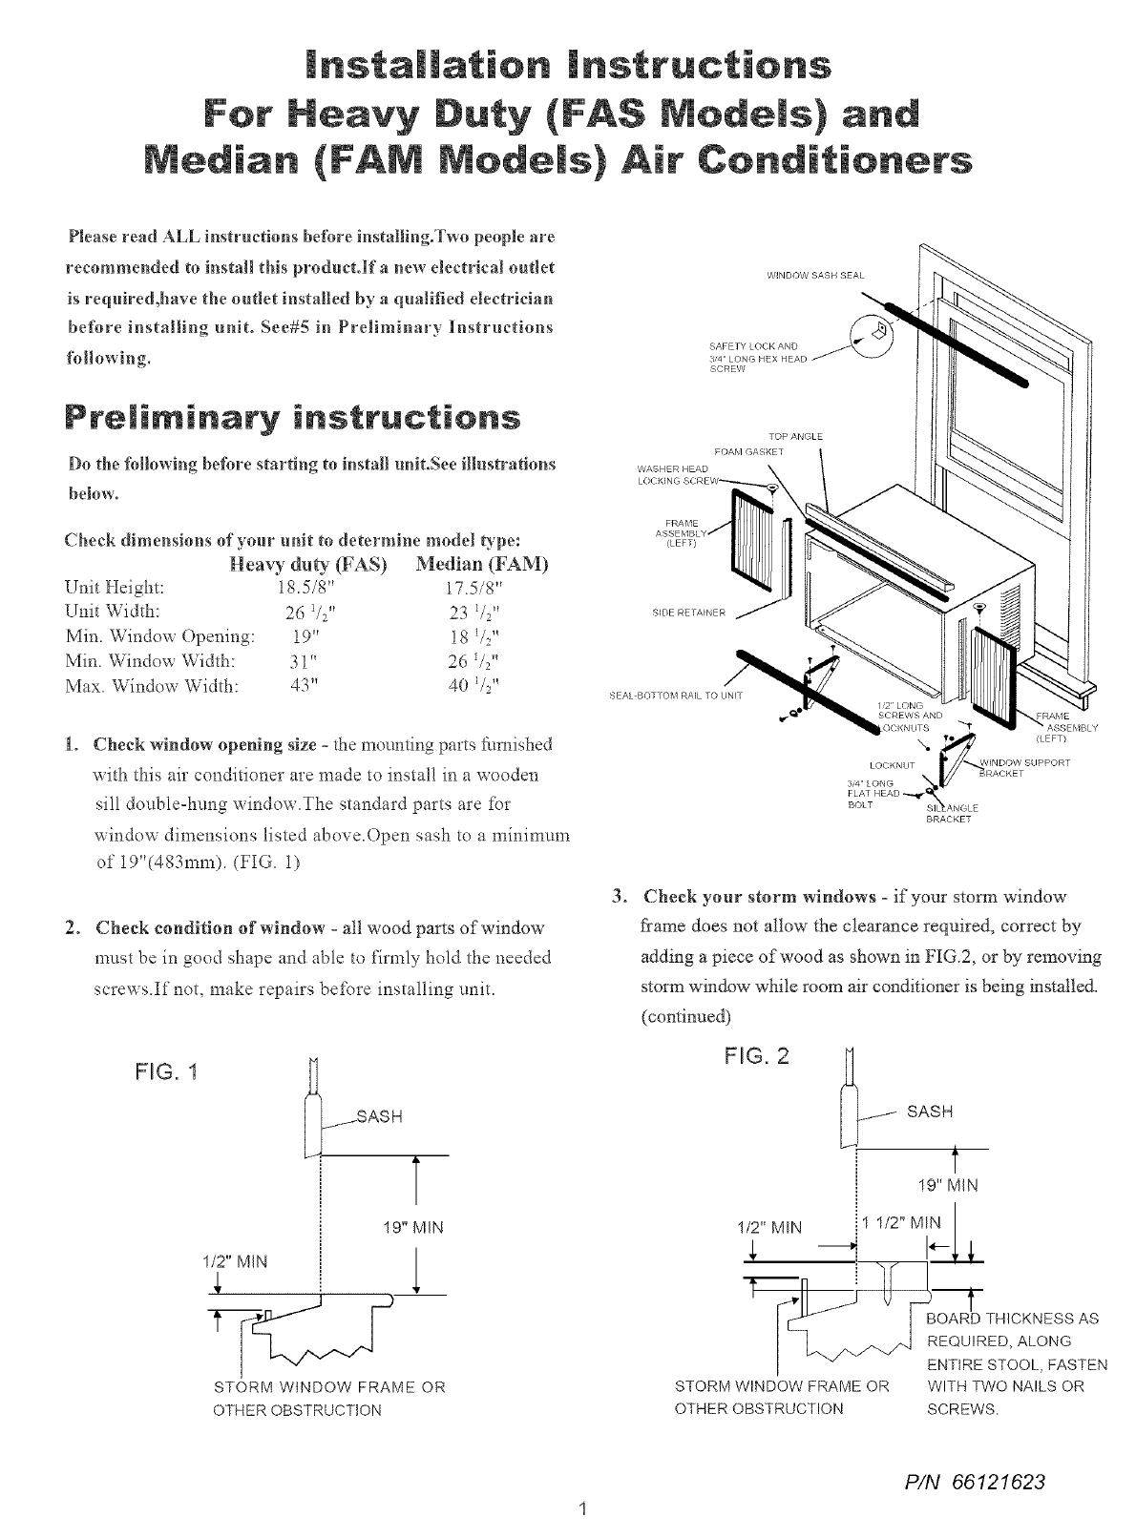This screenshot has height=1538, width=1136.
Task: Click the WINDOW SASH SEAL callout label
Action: tap(815, 276)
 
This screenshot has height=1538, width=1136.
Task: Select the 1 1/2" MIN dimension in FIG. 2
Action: tap(899, 1223)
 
